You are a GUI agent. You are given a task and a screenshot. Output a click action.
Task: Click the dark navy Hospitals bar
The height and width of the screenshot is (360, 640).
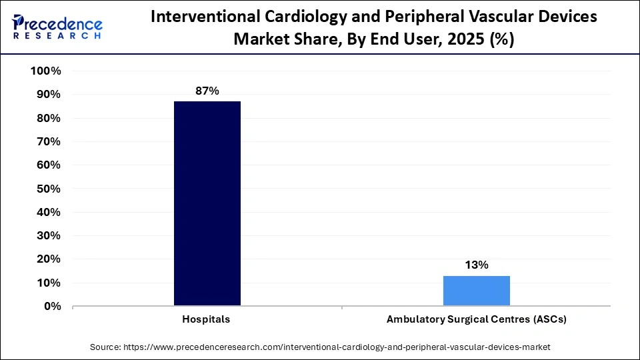point(207,203)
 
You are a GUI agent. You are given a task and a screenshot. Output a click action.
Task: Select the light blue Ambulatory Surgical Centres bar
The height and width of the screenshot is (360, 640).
point(476,291)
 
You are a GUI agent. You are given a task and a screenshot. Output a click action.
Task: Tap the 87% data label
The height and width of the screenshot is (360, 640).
point(207,91)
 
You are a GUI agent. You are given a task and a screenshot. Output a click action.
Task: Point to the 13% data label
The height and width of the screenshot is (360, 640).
point(477,265)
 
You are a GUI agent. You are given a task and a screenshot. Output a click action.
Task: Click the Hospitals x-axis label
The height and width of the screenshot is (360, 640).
point(206,319)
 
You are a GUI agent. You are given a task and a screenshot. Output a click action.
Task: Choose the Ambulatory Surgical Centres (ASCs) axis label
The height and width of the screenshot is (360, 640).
point(476,319)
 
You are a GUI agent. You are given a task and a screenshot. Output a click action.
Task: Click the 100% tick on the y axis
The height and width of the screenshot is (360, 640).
point(46,71)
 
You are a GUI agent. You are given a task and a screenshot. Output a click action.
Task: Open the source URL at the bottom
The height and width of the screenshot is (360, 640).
point(337,347)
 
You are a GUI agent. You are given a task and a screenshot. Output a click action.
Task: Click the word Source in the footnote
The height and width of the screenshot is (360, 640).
point(105,347)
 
